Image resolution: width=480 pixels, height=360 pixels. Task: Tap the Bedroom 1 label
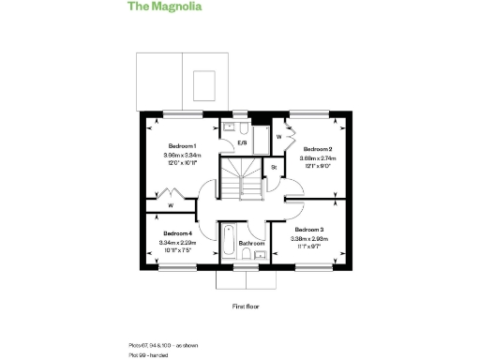pyautogui.click(x=182, y=146)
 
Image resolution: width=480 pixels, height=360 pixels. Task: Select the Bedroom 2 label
pyautogui.click(x=317, y=150)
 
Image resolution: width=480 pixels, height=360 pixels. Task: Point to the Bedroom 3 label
pyautogui.click(x=308, y=230)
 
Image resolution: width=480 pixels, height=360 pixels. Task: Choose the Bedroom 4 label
pyautogui.click(x=177, y=233)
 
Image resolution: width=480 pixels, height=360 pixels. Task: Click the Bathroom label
pyautogui.click(x=251, y=244)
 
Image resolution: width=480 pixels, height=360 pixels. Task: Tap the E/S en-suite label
pyautogui.click(x=241, y=142)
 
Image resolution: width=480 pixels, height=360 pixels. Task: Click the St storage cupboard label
pyautogui.click(x=274, y=168)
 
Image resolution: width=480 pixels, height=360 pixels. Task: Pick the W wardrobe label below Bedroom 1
pyautogui.click(x=171, y=205)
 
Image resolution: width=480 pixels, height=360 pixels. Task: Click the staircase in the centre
pyautogui.click(x=242, y=178)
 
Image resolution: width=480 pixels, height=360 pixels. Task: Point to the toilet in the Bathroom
pyautogui.click(x=247, y=257)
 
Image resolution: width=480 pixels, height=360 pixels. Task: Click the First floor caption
pyautogui.click(x=246, y=307)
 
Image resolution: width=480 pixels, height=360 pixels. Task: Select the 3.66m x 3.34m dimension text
pyautogui.click(x=182, y=155)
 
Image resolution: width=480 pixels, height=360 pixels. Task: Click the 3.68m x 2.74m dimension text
pyautogui.click(x=317, y=158)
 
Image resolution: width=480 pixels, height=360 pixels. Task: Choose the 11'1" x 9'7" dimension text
pyautogui.click(x=308, y=246)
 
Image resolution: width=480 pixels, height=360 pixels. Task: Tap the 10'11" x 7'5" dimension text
pyautogui.click(x=177, y=250)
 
